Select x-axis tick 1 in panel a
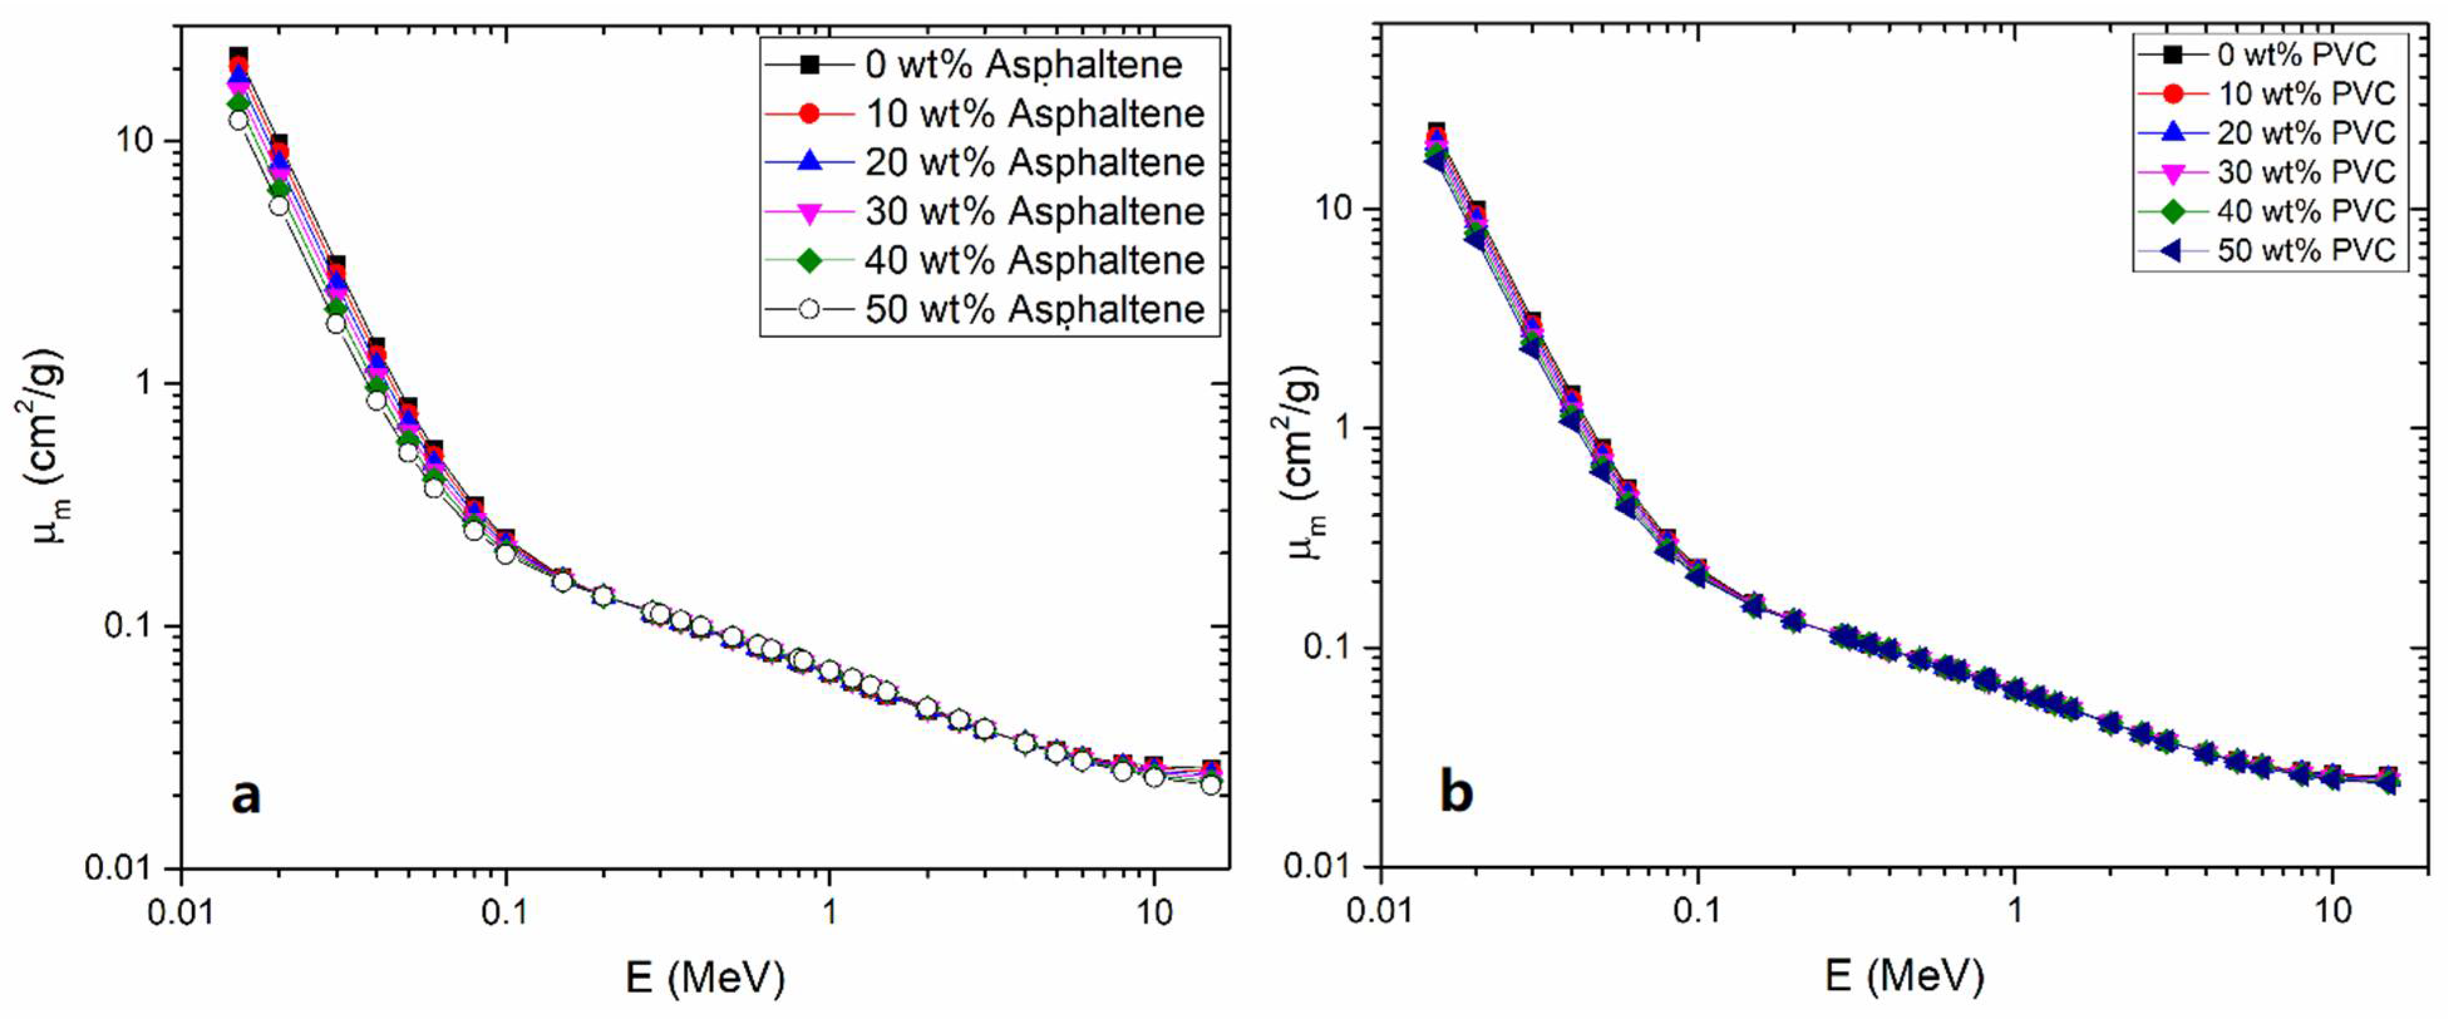829,913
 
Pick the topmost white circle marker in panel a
238,120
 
